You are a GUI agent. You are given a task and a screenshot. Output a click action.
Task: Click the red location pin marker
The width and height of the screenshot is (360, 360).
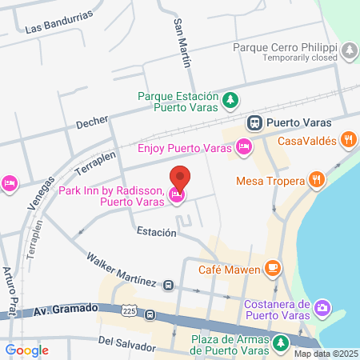(x=180, y=178)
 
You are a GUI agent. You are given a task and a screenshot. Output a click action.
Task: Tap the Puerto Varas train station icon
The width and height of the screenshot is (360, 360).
(x=254, y=123)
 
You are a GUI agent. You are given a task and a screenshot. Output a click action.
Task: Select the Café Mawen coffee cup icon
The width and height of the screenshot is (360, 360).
(x=274, y=266)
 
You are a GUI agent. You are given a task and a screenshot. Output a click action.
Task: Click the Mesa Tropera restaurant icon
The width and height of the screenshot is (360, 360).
(x=318, y=180)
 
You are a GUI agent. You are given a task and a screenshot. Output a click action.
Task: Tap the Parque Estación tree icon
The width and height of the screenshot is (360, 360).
(x=230, y=100)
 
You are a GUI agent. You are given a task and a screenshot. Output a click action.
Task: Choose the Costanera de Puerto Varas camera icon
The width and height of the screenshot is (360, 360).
(x=322, y=307)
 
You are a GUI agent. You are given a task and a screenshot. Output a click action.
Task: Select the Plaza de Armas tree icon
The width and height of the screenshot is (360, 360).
(x=280, y=343)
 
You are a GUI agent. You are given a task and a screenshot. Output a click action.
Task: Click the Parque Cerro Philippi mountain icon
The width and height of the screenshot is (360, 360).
(x=350, y=51)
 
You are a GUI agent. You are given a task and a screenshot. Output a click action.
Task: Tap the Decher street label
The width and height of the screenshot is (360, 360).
(x=91, y=124)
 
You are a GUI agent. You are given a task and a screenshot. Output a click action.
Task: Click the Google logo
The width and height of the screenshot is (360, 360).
(x=26, y=350)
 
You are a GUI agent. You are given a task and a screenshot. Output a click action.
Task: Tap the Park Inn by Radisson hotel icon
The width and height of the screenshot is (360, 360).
(x=178, y=195)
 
